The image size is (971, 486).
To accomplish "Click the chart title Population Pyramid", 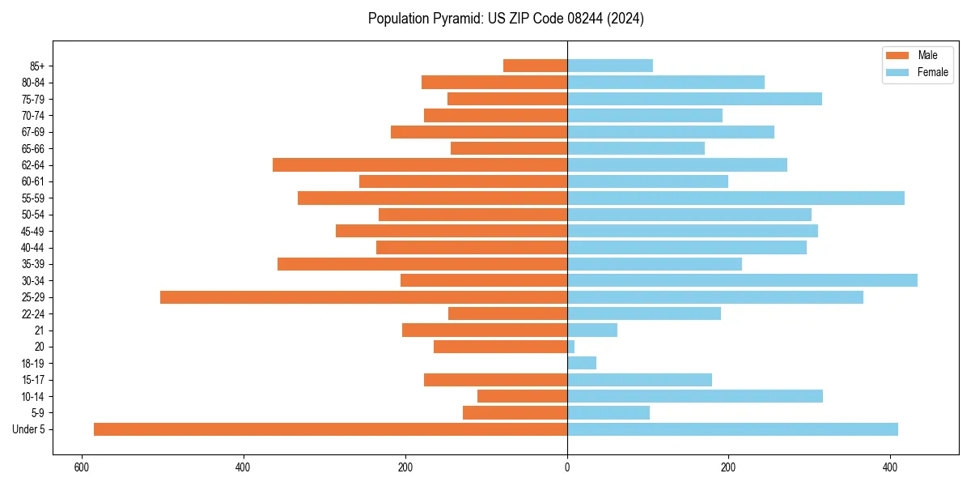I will pyautogui.click(x=506, y=19).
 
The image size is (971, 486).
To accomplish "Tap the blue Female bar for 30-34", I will pyautogui.click(x=742, y=280).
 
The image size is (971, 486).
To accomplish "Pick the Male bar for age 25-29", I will pyautogui.click(x=363, y=297).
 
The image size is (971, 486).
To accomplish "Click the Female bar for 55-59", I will pyautogui.click(x=736, y=198).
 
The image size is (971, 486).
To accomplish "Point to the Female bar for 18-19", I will pyautogui.click(x=582, y=363).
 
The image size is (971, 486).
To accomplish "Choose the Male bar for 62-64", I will pyautogui.click(x=420, y=164).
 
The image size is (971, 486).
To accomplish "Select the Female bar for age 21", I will pyautogui.click(x=592, y=330).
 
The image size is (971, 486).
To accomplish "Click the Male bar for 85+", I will pyautogui.click(x=535, y=66).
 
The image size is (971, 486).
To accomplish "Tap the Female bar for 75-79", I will pyautogui.click(x=694, y=99).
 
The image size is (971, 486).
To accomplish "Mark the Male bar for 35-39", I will pyautogui.click(x=422, y=264).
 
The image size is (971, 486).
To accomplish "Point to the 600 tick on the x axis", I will pyautogui.click(x=81, y=468).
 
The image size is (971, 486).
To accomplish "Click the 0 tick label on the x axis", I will pyautogui.click(x=567, y=468).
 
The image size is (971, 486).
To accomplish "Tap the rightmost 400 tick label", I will pyautogui.click(x=890, y=468).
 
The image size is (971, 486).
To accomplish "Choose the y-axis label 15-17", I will pyautogui.click(x=33, y=380).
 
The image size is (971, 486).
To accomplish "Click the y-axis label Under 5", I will pyautogui.click(x=29, y=429).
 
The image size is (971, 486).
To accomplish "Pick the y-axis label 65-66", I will pyautogui.click(x=33, y=148).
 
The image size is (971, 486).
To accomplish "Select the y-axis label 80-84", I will pyautogui.click(x=33, y=83).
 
